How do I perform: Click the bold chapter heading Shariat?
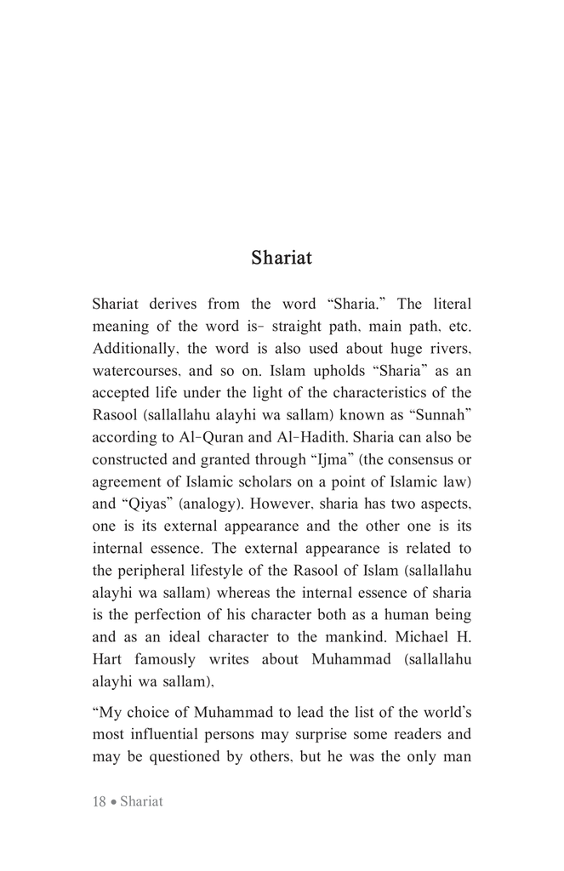pyautogui.click(x=281, y=258)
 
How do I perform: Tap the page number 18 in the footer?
pyautogui.click(x=99, y=802)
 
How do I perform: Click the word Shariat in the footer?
pyautogui.click(x=141, y=802)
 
